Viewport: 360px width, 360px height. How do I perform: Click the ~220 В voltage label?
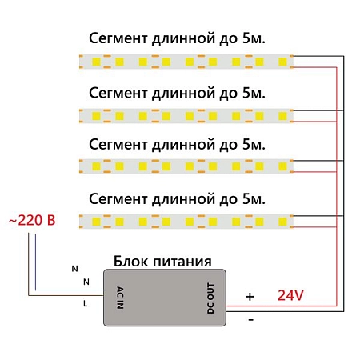click(30, 220)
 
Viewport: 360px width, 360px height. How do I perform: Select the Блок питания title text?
click(162, 262)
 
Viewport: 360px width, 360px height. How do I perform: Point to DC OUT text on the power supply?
click(212, 296)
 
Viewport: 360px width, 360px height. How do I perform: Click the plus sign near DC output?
click(250, 297)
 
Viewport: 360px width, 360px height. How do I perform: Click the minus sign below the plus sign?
click(251, 320)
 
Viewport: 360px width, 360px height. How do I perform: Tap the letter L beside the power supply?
click(85, 304)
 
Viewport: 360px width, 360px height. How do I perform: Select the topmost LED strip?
click(187, 61)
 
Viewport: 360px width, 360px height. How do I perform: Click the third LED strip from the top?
click(187, 166)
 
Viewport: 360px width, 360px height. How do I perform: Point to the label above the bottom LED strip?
click(176, 198)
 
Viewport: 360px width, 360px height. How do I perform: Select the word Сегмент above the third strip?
click(117, 145)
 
